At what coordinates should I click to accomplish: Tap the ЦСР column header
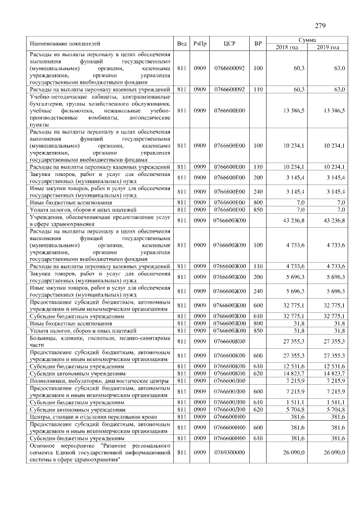click(229, 43)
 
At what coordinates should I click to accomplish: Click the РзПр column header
click(200, 43)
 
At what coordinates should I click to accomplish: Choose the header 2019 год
click(327, 47)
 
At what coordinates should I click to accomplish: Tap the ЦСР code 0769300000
click(229, 452)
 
